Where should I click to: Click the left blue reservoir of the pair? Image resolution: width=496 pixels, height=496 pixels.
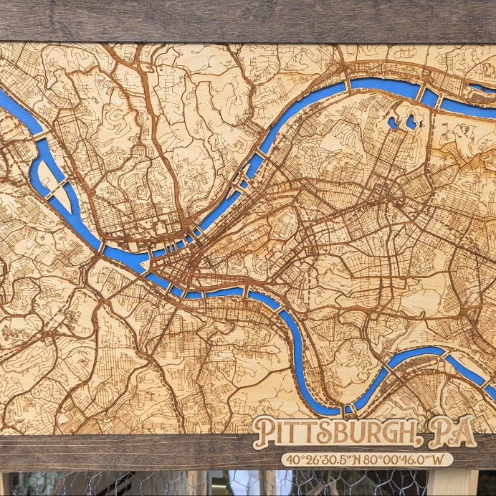point(393,123)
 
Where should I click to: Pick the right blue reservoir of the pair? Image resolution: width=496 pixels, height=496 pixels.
point(411,123)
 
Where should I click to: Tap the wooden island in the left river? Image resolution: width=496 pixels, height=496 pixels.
point(54,184)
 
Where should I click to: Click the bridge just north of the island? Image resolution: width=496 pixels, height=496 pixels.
point(39,136)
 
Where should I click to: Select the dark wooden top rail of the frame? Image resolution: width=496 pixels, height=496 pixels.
point(248,20)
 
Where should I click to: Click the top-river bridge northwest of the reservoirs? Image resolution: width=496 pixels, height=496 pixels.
point(348,85)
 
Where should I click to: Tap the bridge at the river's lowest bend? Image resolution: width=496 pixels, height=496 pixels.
point(348,409)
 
